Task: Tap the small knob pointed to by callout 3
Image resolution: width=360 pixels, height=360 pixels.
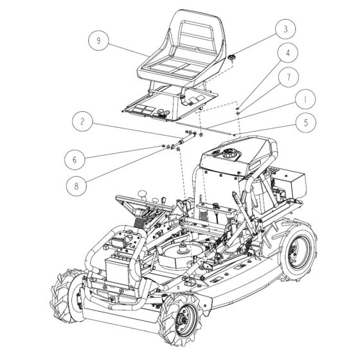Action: pyautogui.click(x=230, y=58)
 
